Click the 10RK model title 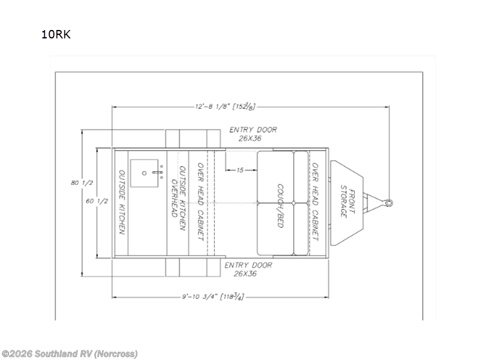click(56, 34)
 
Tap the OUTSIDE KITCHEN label click(122, 203)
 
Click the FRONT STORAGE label click(348, 202)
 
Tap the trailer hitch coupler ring click(389, 202)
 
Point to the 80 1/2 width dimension click(75, 182)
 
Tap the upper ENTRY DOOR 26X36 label click(253, 134)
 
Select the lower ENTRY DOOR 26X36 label click(248, 269)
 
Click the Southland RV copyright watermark click(70, 353)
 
